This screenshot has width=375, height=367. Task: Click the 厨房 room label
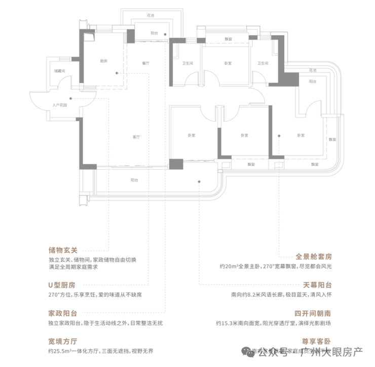[103, 61]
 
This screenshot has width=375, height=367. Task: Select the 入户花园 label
[60, 105]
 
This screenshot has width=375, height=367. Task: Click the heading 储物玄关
[62, 250]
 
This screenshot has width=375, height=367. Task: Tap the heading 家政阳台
[62, 313]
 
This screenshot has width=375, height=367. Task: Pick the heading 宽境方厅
[62, 341]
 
